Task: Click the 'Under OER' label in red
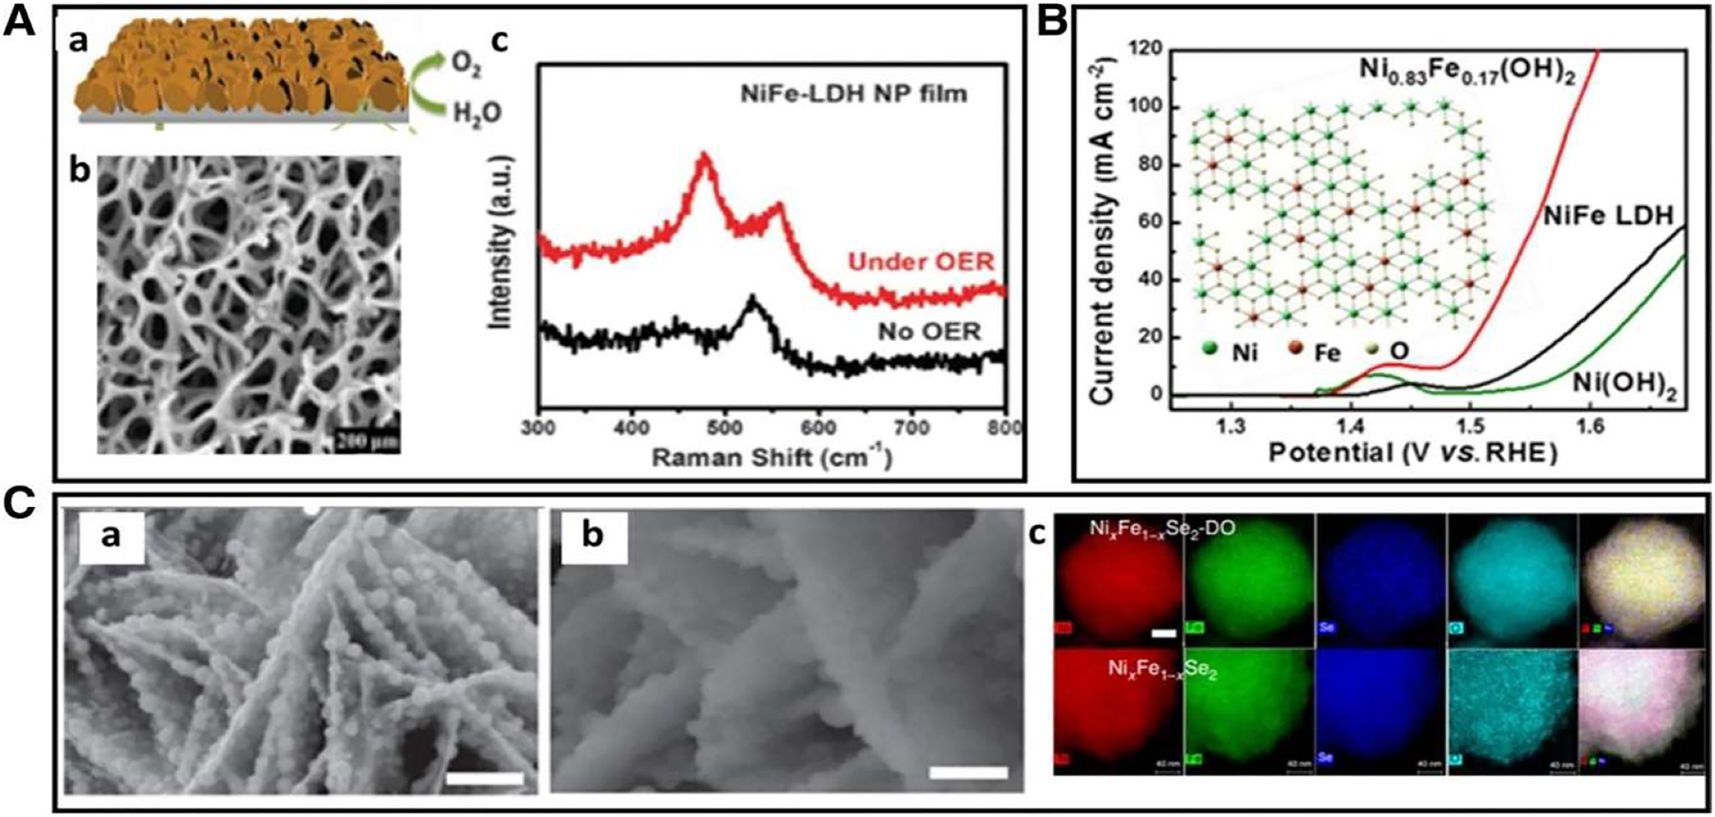pos(920,262)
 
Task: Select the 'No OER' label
pos(928,331)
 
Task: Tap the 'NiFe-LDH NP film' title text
pos(854,92)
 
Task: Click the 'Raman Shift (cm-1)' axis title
pos(771,457)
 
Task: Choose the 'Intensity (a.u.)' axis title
pos(500,242)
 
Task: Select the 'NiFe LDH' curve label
pos(1608,216)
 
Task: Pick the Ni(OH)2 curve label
pos(1624,385)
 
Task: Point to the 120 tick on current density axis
pos(1145,49)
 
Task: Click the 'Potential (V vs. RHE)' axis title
pos(1412,452)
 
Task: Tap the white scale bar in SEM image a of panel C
pos(484,778)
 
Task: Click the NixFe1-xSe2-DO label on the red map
pos(1162,529)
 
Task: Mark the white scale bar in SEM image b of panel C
pos(968,773)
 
